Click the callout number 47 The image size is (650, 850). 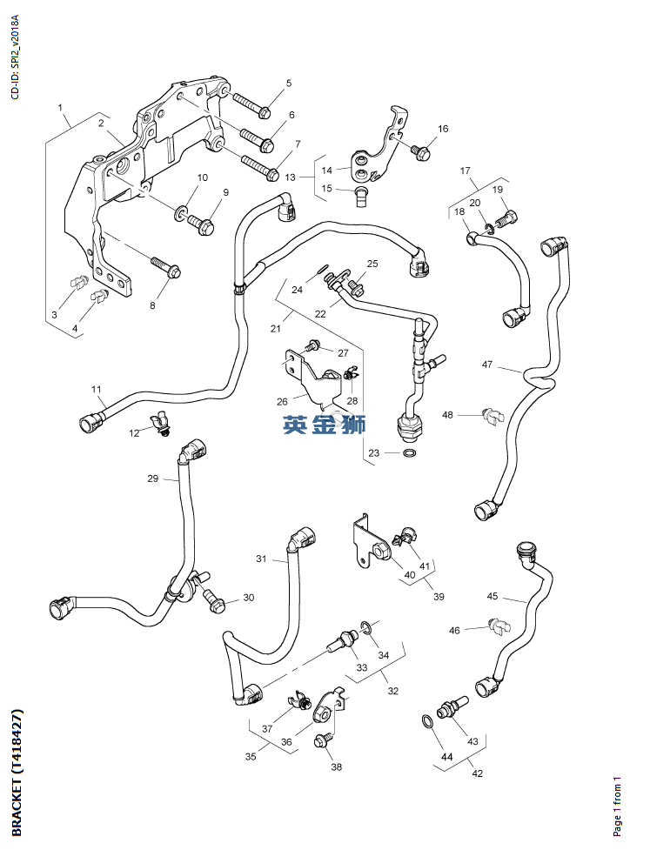coord(487,365)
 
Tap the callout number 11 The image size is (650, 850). coord(96,389)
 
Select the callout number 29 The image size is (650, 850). coord(152,479)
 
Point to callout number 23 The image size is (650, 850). coord(373,452)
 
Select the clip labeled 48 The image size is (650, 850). coord(493,415)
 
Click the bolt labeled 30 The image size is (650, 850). coord(215,599)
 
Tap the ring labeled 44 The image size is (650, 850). coord(425,720)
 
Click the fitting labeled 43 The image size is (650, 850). coord(452,707)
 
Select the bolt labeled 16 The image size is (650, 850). coord(420,152)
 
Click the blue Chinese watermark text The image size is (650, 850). coord(324,425)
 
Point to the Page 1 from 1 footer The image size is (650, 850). coord(617,805)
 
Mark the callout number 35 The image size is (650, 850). coord(251,757)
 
